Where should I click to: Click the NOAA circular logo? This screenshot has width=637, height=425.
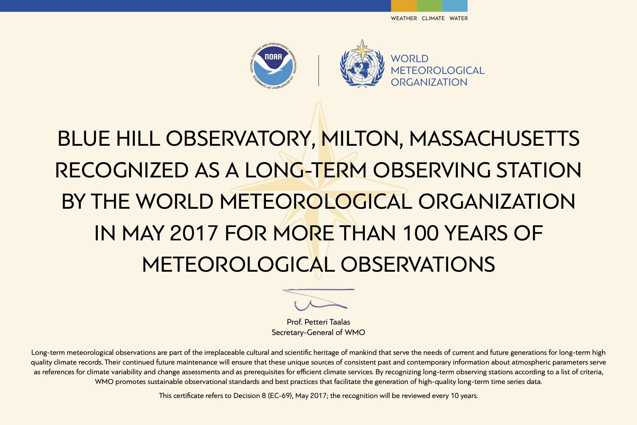[x=273, y=65]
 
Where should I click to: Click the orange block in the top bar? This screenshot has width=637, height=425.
[x=404, y=6]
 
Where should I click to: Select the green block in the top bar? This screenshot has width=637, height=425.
[x=429, y=6]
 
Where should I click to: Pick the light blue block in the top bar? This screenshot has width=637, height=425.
[x=455, y=6]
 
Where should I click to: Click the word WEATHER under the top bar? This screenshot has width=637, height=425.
[x=404, y=18]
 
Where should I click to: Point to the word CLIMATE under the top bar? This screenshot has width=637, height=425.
[x=433, y=18]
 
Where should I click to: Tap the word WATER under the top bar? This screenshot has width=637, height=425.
[x=459, y=18]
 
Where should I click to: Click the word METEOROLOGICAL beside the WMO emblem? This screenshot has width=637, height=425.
[x=437, y=71]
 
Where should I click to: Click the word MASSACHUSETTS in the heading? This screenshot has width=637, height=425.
[x=494, y=139]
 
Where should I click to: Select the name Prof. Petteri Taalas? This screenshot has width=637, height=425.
[x=318, y=322]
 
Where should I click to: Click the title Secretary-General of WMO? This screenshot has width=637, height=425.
[x=318, y=333]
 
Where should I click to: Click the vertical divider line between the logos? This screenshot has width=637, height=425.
[x=319, y=71]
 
